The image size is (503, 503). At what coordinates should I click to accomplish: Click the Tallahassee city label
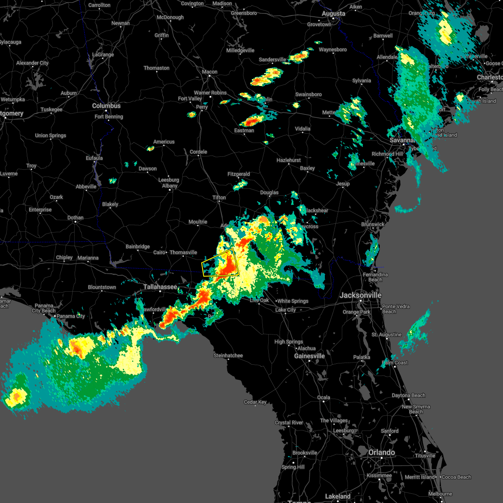[160, 287]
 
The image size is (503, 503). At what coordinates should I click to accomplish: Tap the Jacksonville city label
[360, 295]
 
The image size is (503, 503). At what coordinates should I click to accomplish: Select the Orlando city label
[381, 453]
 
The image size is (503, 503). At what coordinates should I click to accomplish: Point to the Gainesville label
[309, 356]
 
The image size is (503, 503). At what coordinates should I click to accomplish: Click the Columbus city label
[106, 106]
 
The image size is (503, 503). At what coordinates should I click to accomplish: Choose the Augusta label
[333, 14]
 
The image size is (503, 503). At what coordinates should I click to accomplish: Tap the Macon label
[210, 72]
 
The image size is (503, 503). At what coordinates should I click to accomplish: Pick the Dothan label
[75, 218]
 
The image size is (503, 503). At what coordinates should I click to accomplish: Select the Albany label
[170, 186]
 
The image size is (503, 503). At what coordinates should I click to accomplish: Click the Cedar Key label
[255, 402]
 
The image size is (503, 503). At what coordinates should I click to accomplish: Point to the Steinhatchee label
[228, 355]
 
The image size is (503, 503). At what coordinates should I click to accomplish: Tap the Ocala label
[323, 397]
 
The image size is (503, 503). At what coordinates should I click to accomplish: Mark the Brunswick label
[373, 224]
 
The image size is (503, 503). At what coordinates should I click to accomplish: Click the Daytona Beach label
[408, 395]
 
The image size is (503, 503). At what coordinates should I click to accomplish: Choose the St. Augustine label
[386, 334]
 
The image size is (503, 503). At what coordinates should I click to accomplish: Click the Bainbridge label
[137, 246]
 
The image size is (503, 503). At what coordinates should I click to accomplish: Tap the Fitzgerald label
[239, 174]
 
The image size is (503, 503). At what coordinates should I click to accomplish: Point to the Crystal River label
[289, 423]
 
